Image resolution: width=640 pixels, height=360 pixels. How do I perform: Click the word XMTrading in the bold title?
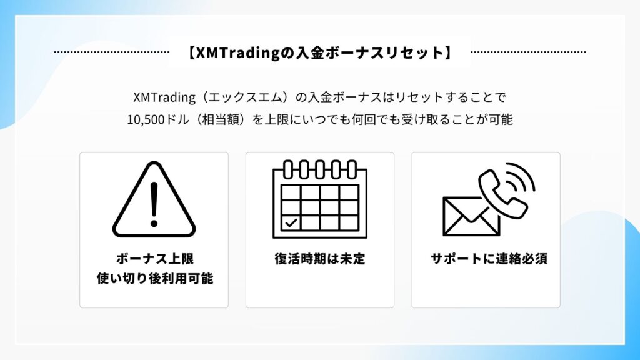(237, 53)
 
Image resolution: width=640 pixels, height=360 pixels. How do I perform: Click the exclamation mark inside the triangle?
(154, 204)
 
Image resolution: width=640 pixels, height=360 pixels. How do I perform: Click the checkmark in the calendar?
(291, 223)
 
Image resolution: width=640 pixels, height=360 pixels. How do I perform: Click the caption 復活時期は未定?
(320, 259)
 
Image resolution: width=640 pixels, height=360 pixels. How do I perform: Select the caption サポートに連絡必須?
(489, 259)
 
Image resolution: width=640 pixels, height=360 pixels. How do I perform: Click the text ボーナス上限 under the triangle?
(155, 259)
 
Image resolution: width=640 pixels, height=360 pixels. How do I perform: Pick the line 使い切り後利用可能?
(155, 278)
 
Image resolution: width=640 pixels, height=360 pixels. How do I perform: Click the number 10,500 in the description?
(146, 120)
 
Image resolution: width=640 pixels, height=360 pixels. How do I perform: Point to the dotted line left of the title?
(112, 52)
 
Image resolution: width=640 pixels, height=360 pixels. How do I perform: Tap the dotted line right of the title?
(528, 52)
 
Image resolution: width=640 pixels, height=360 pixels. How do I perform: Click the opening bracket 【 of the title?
(191, 53)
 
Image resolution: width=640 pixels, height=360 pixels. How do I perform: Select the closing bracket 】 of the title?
(449, 53)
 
